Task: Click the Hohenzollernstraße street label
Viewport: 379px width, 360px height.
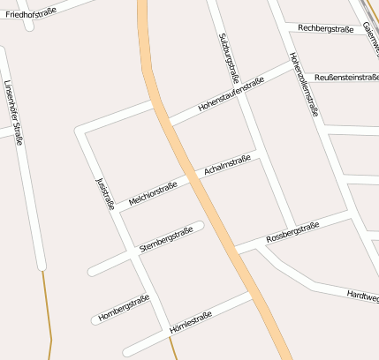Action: coord(303,86)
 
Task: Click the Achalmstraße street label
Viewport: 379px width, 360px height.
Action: coord(227,165)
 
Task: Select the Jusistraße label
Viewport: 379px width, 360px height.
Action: coord(104,192)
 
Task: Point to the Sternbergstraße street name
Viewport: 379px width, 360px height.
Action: coord(166,238)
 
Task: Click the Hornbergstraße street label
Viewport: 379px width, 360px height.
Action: coord(124,307)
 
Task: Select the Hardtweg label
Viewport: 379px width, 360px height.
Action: coord(362,297)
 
